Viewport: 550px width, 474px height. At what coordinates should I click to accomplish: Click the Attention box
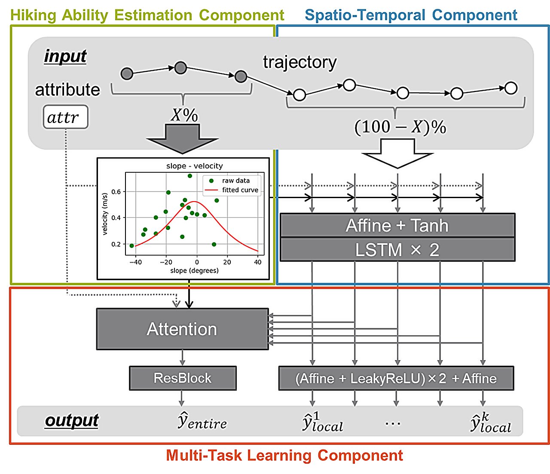tap(182, 329)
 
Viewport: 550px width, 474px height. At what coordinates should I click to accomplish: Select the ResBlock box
tap(183, 378)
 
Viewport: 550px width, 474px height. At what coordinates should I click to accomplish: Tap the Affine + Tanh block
tap(397, 226)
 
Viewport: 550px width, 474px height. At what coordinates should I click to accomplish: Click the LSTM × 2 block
tap(397, 250)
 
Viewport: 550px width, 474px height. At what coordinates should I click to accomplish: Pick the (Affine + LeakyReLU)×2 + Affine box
tap(396, 378)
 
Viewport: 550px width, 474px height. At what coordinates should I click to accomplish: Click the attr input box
tap(65, 117)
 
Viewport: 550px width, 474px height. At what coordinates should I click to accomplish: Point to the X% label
tap(184, 115)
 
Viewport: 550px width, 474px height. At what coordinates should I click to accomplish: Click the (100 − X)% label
tap(400, 127)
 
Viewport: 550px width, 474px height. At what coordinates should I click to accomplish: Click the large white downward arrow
tap(397, 155)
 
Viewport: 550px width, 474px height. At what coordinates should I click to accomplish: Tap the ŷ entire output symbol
tap(202, 421)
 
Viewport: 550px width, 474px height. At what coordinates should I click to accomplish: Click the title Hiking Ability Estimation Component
tap(147, 15)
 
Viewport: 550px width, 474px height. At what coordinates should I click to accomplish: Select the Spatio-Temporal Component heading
tap(411, 15)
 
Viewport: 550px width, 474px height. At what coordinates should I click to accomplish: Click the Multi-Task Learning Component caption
tap(284, 456)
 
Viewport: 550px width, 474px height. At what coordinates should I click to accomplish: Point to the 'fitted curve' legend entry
tap(240, 190)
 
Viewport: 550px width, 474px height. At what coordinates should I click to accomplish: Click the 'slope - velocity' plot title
tap(195, 166)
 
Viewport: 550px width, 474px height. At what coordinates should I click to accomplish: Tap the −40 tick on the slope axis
tap(135, 262)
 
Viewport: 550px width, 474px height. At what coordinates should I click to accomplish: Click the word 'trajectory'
tap(299, 62)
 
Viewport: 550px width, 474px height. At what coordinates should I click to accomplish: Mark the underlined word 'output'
tap(72, 420)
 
